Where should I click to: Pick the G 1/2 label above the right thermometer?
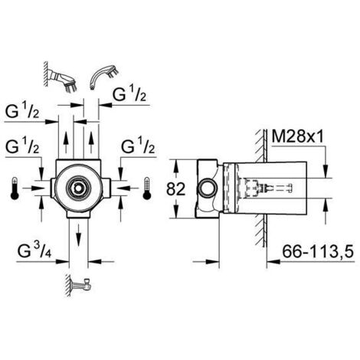[138, 146]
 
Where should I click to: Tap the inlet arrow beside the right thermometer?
[123, 186]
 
